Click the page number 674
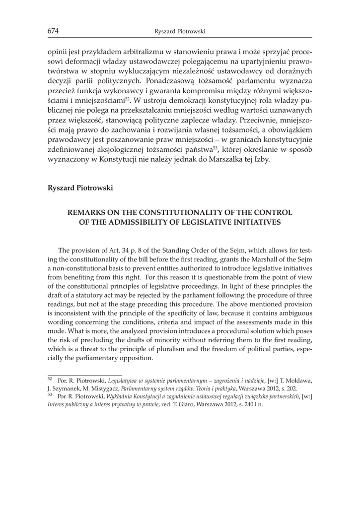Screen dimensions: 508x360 pyautogui.click(x=53, y=32)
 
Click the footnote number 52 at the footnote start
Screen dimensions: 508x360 pyautogui.click(x=50, y=379)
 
